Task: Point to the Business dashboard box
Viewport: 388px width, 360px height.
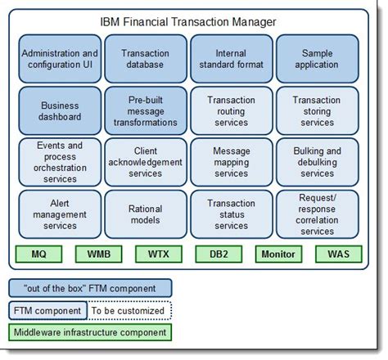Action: point(60,111)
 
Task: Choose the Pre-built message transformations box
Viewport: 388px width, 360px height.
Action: point(145,111)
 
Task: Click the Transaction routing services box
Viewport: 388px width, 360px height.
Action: point(231,111)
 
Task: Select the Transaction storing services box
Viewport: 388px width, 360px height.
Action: point(317,111)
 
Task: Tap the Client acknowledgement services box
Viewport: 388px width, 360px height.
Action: point(145,162)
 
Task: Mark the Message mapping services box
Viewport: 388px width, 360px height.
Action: point(231,162)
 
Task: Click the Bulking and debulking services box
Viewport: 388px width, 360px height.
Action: point(317,162)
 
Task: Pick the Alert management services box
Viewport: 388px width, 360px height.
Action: point(60,214)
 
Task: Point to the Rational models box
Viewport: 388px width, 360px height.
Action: point(145,214)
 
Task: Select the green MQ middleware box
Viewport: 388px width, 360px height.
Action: point(38,254)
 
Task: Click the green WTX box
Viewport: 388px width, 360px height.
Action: point(158,254)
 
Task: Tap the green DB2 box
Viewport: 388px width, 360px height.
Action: point(218,254)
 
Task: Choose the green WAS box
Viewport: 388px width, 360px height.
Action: point(337,254)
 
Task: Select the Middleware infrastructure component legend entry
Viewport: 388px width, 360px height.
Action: point(91,332)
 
